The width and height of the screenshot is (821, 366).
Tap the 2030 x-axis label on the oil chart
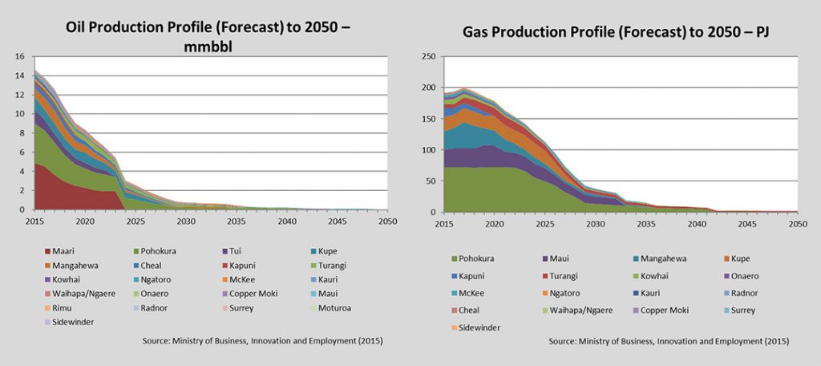click(186, 221)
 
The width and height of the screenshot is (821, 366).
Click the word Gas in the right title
click(479, 34)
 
